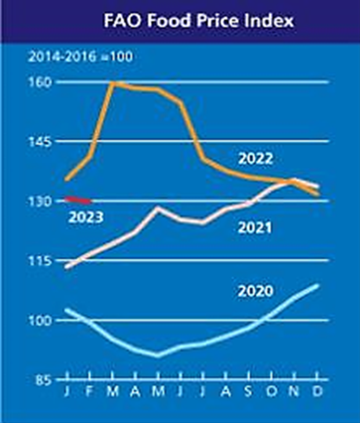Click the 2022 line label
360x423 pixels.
pyautogui.click(x=256, y=159)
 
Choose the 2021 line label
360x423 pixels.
pyautogui.click(x=255, y=228)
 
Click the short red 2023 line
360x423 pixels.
pyautogui.click(x=79, y=200)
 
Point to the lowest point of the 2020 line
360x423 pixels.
pyautogui.click(x=157, y=355)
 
